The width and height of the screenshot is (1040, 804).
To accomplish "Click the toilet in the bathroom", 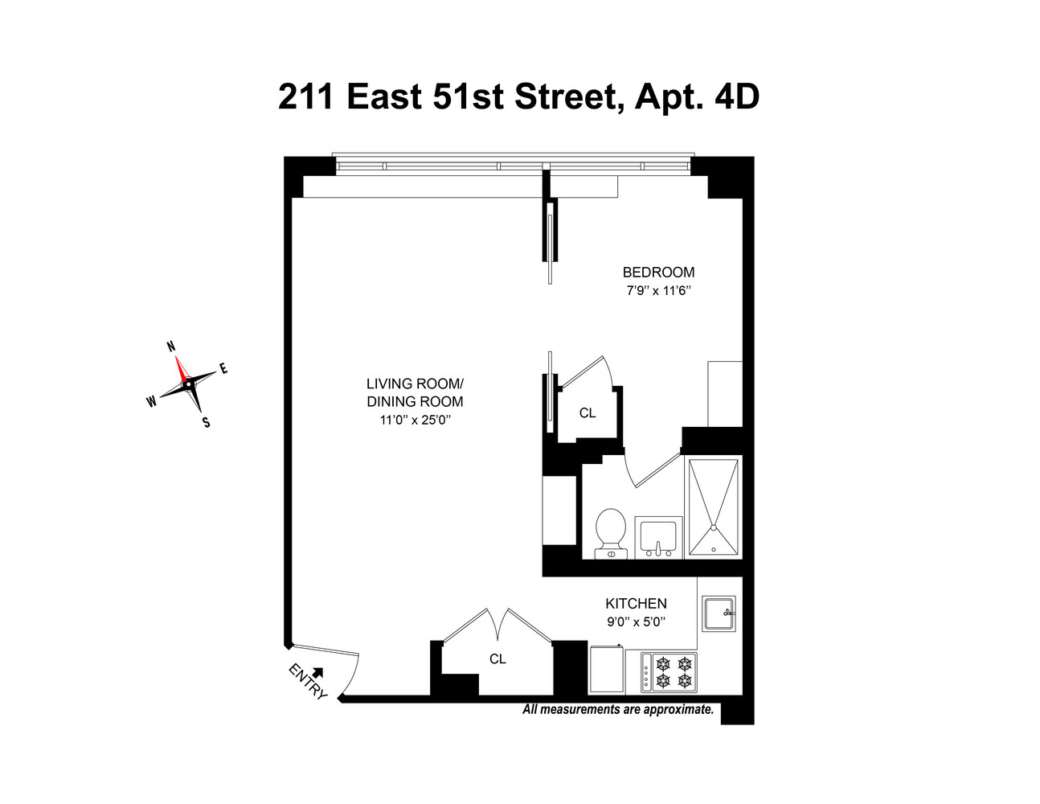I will [611, 532].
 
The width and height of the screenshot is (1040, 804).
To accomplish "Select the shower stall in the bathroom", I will [714, 507].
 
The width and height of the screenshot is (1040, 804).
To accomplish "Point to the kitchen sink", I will [719, 615].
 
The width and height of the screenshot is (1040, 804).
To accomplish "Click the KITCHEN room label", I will [636, 604].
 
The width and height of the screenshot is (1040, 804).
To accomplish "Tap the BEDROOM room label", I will [658, 273].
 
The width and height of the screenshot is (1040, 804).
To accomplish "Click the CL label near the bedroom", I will [588, 413].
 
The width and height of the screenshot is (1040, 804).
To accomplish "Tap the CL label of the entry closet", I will [497, 659].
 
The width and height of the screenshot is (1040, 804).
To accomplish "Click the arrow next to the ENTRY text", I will [317, 671].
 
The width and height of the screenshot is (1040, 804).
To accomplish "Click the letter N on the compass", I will [170, 347].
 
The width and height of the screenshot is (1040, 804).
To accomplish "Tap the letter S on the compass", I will [206, 422].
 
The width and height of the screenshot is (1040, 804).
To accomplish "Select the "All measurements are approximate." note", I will [618, 710].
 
